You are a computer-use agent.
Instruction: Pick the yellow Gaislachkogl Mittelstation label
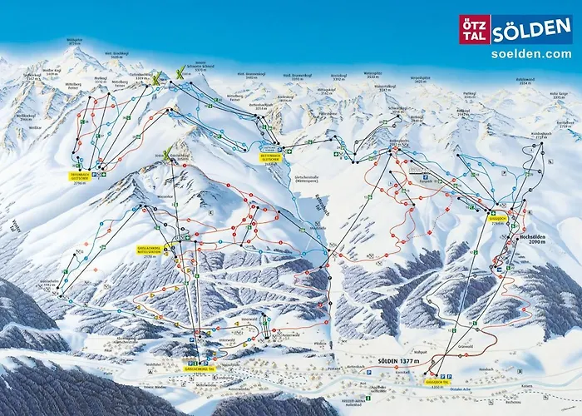click(154, 249)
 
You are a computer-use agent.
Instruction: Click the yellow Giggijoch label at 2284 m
click(497, 221)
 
